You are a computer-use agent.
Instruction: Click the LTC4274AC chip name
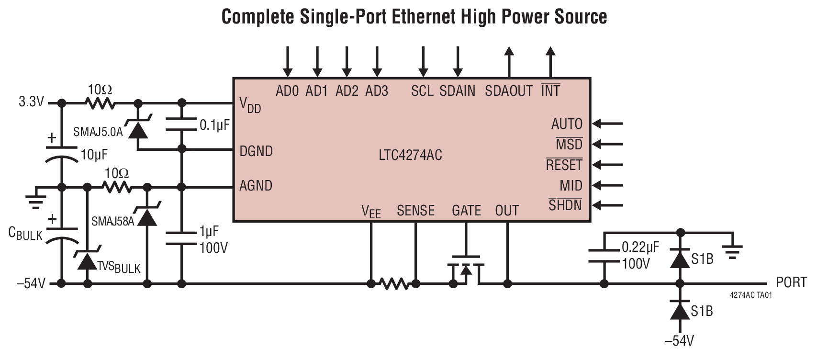pyautogui.click(x=410, y=155)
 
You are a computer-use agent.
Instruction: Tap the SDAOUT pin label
pyautogui.click(x=508, y=91)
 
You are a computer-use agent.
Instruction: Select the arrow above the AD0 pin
pyautogui.click(x=287, y=62)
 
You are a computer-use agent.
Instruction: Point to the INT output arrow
pyautogui.click(x=550, y=62)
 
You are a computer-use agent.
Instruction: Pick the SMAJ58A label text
pyautogui.click(x=113, y=221)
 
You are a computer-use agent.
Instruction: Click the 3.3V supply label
pyautogui.click(x=31, y=102)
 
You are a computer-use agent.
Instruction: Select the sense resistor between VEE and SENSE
pyautogui.click(x=394, y=284)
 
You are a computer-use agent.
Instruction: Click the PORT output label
pyautogui.click(x=791, y=282)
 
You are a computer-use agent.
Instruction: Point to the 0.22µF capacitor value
pyautogui.click(x=640, y=247)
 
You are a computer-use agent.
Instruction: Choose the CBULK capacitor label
pyautogui.click(x=25, y=233)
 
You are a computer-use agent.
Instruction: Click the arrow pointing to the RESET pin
pyautogui.click(x=608, y=165)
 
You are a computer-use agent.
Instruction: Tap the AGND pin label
pyautogui.click(x=256, y=186)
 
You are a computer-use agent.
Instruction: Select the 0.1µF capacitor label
pyautogui.click(x=215, y=125)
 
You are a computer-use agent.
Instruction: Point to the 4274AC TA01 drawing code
pyautogui.click(x=751, y=295)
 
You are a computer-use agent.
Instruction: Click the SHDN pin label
pyautogui.click(x=565, y=205)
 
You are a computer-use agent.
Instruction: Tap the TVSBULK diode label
pyautogui.click(x=119, y=267)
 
